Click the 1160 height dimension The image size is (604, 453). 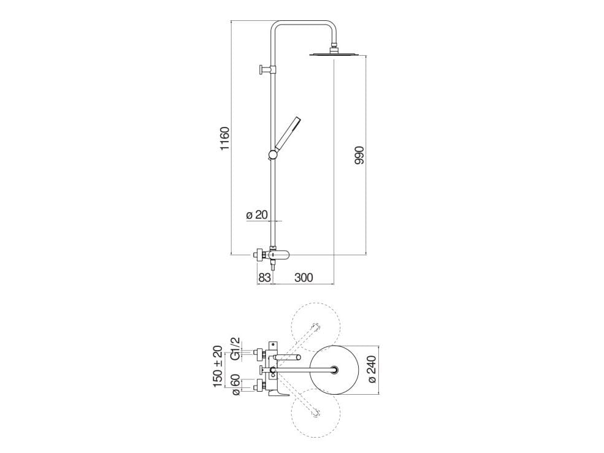pyautogui.click(x=224, y=139)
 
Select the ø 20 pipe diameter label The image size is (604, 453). pyautogui.click(x=257, y=215)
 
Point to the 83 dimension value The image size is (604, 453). pyautogui.click(x=264, y=277)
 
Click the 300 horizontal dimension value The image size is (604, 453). pyautogui.click(x=303, y=277)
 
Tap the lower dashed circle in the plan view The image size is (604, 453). pyautogui.click(x=316, y=412)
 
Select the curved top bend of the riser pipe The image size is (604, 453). pyautogui.click(x=305, y=25)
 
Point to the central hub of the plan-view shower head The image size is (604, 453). pyautogui.click(x=335, y=369)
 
